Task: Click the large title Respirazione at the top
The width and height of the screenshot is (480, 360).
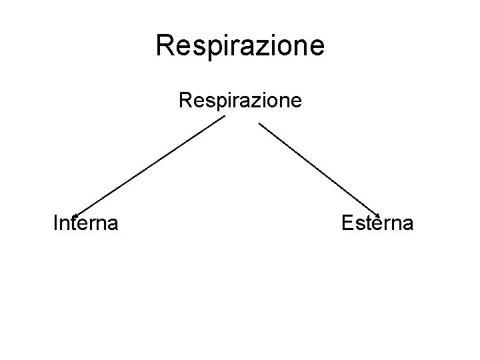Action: pos(240,45)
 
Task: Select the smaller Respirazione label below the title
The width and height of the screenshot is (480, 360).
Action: pos(240,101)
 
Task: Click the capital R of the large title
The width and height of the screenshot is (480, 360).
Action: pos(164,45)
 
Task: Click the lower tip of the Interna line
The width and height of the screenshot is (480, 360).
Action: pos(69,215)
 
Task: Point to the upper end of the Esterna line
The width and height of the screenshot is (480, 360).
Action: pos(259,122)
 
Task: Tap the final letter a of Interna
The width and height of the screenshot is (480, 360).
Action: pos(113,223)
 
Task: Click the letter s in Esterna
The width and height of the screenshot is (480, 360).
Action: pos(361,223)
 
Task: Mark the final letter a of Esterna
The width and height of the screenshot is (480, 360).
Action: pos(407,223)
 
